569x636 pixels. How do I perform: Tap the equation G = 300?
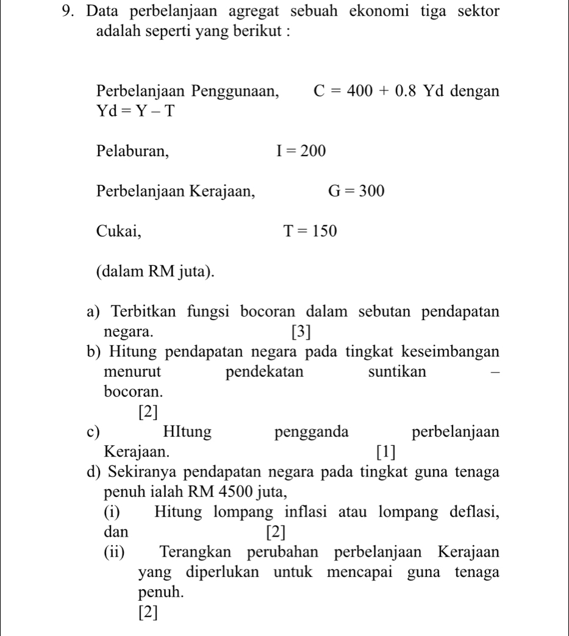click(357, 191)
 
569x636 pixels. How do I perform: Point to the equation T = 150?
click(310, 231)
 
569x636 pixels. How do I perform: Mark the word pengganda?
click(312, 433)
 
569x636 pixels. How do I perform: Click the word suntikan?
click(398, 371)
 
